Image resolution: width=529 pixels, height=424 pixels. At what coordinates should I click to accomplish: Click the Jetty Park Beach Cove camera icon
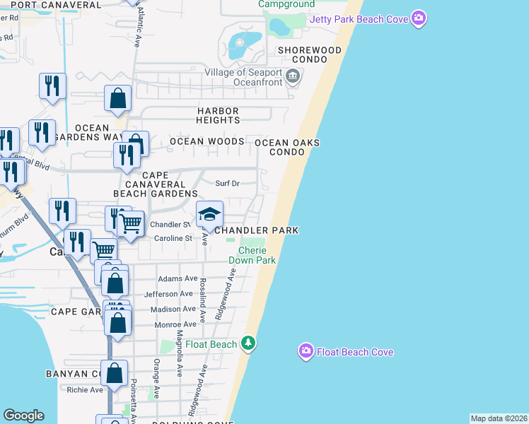[x=419, y=18]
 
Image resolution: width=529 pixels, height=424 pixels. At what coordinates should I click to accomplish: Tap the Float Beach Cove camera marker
[x=306, y=351]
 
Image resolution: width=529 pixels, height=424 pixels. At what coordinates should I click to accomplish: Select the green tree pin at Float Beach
[x=248, y=344]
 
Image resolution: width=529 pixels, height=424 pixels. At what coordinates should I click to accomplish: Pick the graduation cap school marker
[x=209, y=213]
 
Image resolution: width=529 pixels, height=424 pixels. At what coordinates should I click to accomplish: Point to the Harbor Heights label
[x=218, y=116]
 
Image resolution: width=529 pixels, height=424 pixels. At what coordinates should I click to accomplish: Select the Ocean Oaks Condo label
[x=287, y=147]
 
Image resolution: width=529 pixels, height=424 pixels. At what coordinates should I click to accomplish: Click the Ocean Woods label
[x=207, y=141]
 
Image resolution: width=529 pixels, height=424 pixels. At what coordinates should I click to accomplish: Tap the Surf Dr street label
[x=227, y=184]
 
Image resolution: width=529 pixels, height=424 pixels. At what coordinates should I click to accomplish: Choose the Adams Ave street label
[x=178, y=278]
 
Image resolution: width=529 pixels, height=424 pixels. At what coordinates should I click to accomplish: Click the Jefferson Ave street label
[x=168, y=294]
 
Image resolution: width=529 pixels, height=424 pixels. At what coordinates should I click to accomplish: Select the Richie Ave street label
[x=85, y=389]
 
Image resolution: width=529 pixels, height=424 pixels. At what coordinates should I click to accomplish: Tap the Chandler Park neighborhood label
[x=256, y=230]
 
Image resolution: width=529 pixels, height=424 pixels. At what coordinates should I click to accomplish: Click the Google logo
[x=23, y=416]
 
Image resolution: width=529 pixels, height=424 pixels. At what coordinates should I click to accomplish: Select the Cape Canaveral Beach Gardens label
[x=156, y=184]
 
